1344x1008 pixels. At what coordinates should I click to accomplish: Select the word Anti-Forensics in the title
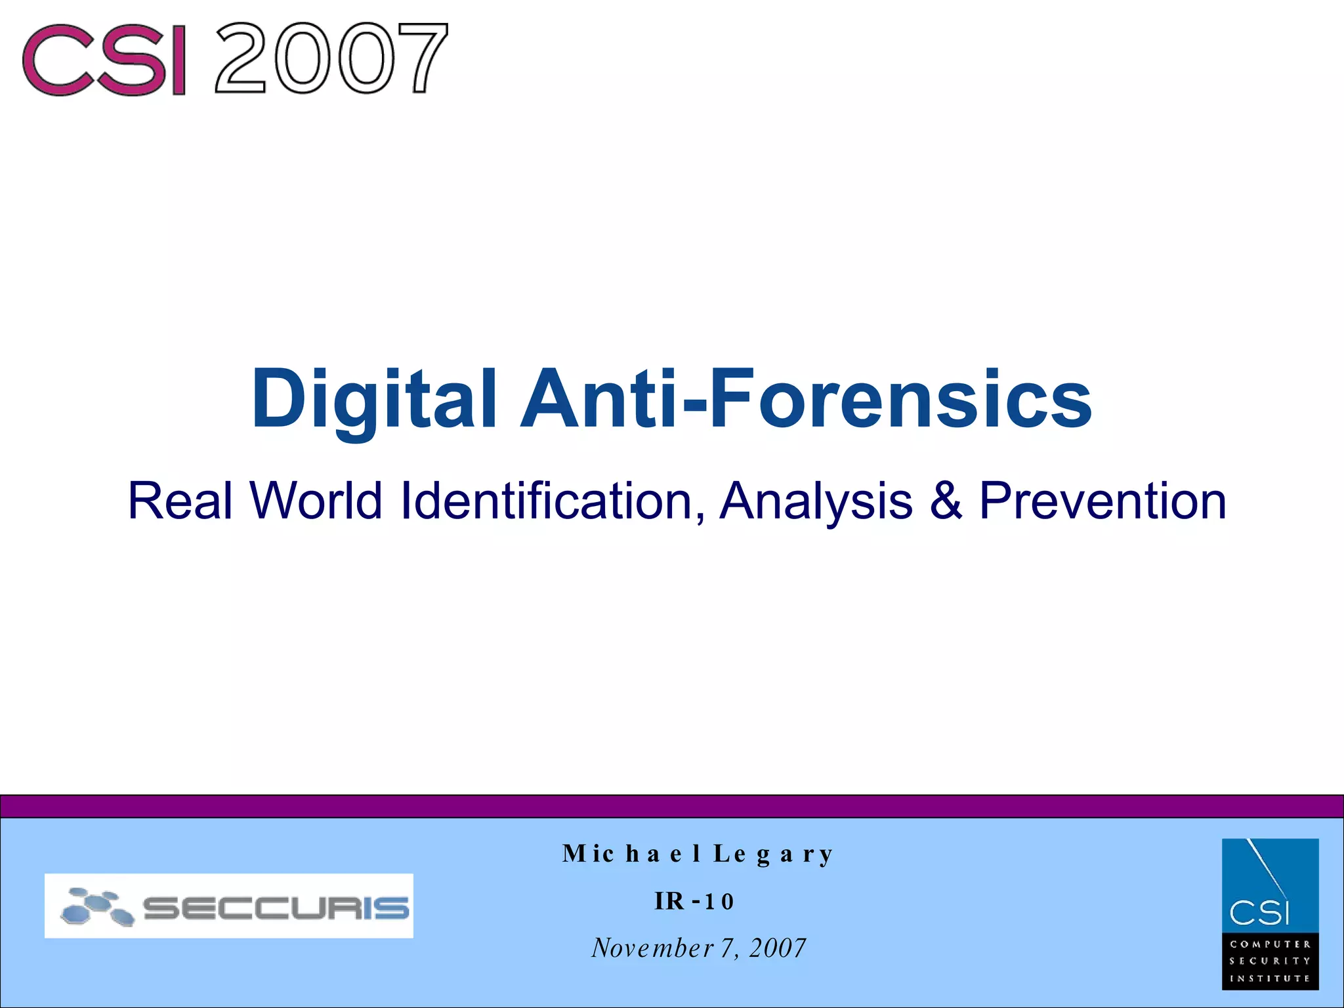[x=806, y=398]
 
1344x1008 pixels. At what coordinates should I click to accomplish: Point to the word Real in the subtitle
[x=180, y=501]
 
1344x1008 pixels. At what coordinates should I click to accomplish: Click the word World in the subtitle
[x=316, y=501]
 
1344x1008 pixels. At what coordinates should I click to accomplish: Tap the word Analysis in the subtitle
[x=816, y=501]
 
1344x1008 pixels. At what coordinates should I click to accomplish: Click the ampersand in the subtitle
[x=946, y=501]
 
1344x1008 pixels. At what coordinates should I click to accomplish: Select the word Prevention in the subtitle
[x=1102, y=501]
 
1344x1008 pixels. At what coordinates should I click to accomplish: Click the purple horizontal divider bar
[x=672, y=806]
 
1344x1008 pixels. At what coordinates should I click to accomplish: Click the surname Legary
[x=774, y=854]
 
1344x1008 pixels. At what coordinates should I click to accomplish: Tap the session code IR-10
[x=694, y=901]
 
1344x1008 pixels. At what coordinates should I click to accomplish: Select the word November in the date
[x=652, y=948]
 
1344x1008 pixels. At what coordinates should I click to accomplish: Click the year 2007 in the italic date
[x=778, y=948]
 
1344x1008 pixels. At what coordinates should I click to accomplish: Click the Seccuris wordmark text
[x=276, y=908]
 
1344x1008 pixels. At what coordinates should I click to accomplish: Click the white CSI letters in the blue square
[x=1259, y=912]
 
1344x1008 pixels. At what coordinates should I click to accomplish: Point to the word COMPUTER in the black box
[x=1270, y=944]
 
